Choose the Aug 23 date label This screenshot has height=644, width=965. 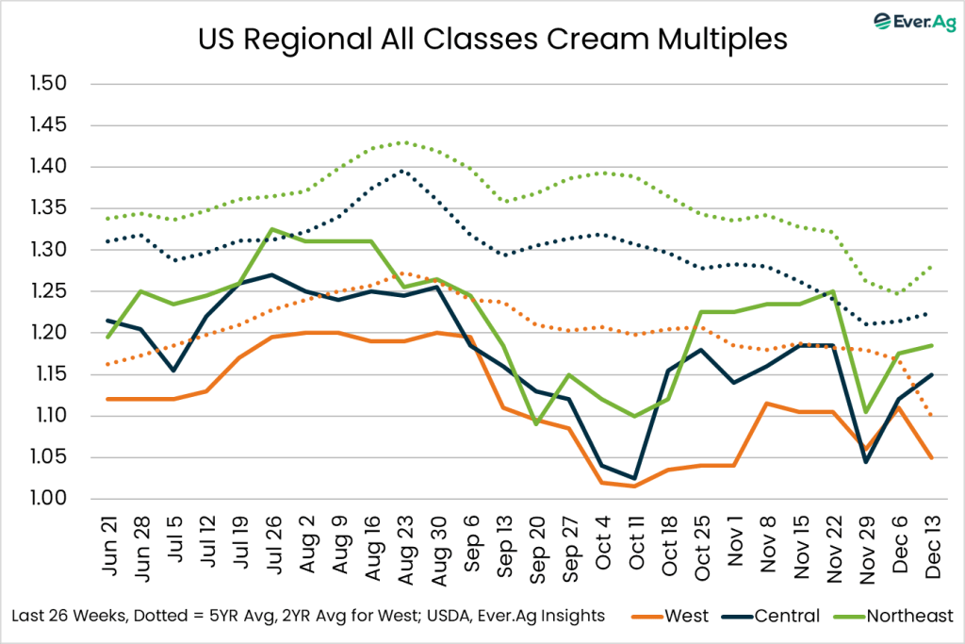[x=404, y=544]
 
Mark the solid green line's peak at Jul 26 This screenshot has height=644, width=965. [x=271, y=229]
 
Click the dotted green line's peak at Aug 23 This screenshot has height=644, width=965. [x=404, y=142]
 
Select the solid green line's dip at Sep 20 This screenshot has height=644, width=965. [x=535, y=424]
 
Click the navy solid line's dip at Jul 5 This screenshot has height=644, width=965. [x=172, y=371]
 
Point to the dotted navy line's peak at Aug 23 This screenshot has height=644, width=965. [x=404, y=171]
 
